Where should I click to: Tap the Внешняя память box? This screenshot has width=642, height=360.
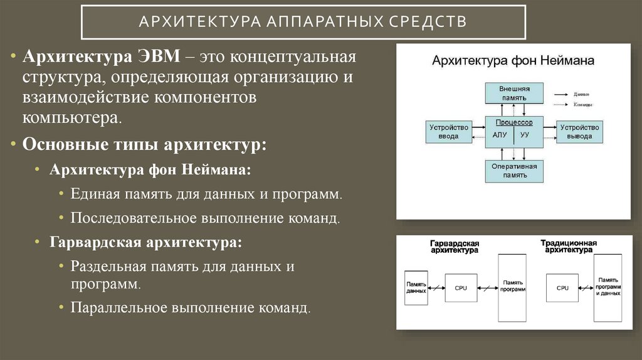pyautogui.click(x=513, y=93)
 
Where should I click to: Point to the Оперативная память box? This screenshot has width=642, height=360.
pyautogui.click(x=513, y=171)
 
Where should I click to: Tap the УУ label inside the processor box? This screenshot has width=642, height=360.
pyautogui.click(x=525, y=135)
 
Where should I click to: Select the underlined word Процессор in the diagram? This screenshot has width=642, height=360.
pyautogui.click(x=513, y=123)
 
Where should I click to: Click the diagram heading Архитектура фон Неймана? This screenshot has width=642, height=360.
pyautogui.click(x=513, y=61)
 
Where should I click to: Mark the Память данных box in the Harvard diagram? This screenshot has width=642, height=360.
pyautogui.click(x=416, y=287)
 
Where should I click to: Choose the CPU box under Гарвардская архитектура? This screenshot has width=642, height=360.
pyautogui.click(x=461, y=288)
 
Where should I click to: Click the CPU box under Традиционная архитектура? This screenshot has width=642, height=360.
pyautogui.click(x=562, y=288)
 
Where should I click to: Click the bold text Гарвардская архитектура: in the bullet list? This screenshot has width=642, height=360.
pyautogui.click(x=145, y=241)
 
